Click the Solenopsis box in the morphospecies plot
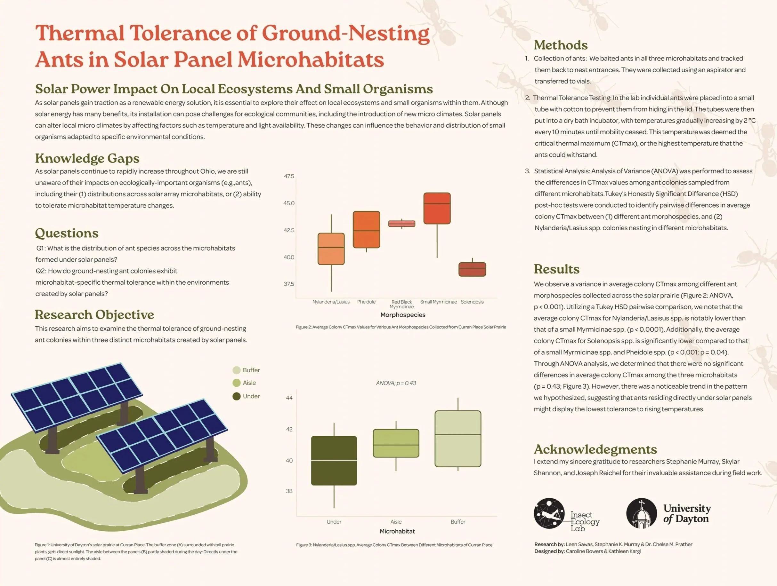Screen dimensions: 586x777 [472, 269]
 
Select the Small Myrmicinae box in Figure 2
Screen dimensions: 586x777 [437, 208]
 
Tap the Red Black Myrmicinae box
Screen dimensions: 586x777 [401, 224]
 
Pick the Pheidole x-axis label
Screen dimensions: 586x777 [366, 302]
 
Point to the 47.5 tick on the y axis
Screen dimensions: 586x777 [289, 176]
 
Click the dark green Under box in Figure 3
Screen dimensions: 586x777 [334, 460]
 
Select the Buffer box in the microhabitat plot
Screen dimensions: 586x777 [458, 439]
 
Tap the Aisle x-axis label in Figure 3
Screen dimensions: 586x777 [396, 522]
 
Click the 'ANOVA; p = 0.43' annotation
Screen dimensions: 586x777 [396, 383]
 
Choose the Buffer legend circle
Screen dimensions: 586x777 [236, 370]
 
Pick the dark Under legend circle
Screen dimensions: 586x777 [236, 396]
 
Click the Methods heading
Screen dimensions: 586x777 [561, 45]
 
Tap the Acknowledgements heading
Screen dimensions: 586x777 [595, 449]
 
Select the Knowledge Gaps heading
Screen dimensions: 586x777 [87, 158]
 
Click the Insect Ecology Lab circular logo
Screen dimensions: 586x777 [549, 513]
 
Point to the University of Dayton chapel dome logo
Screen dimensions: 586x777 [641, 513]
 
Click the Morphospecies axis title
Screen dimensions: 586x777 [402, 315]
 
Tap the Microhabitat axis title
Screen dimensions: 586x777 [397, 531]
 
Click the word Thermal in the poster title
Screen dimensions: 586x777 [80, 33]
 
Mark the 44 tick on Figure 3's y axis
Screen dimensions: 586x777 [289, 398]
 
